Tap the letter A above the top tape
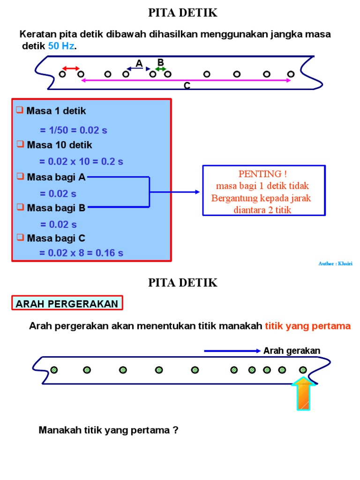pyautogui.click(x=139, y=63)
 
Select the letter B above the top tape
pyautogui.click(x=160, y=62)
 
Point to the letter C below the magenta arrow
pyautogui.click(x=187, y=86)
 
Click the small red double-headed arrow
pyautogui.click(x=71, y=68)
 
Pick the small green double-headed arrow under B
pyautogui.click(x=161, y=69)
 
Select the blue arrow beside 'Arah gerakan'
pyautogui.click(x=232, y=351)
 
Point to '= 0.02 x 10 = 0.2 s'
pyautogui.click(x=81, y=161)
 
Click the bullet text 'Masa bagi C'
pyautogui.click(x=56, y=238)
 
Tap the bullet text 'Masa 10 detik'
pyautogui.click(x=59, y=145)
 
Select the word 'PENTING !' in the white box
pyautogui.click(x=262, y=174)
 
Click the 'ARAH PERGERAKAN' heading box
pyautogui.click(x=67, y=303)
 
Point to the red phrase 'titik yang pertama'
pyautogui.click(x=307, y=326)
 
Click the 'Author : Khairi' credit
pyautogui.click(x=335, y=264)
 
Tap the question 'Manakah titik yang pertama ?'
pyautogui.click(x=109, y=430)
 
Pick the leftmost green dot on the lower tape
pyautogui.click(x=54, y=370)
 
